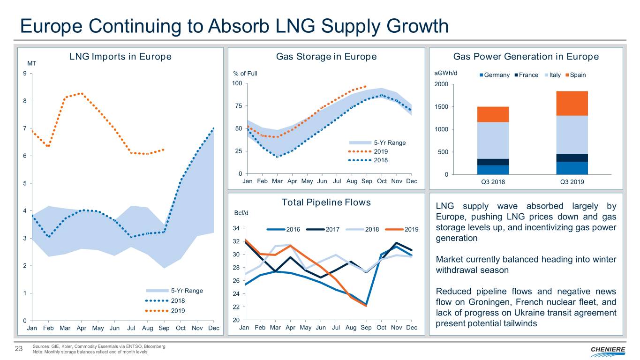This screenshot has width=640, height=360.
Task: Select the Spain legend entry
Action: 575,75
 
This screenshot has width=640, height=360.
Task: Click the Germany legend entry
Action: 495,75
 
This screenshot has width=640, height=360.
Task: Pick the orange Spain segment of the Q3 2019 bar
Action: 572,103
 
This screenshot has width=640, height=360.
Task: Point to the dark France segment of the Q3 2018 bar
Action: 493,162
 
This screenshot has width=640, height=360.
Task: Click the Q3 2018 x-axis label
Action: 493,183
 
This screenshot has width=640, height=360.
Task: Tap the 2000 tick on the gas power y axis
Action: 441,84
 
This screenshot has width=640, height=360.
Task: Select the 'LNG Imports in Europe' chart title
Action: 120,57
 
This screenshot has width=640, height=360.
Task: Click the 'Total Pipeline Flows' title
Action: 326,202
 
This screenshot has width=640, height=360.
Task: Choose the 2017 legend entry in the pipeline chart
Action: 321,229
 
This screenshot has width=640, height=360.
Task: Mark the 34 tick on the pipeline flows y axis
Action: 236,229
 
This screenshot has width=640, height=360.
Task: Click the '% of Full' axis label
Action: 245,74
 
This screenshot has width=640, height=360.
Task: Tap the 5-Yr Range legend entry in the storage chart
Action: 383,142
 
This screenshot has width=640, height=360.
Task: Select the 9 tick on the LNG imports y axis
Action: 24,74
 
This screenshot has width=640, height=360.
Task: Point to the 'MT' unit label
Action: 32,64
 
